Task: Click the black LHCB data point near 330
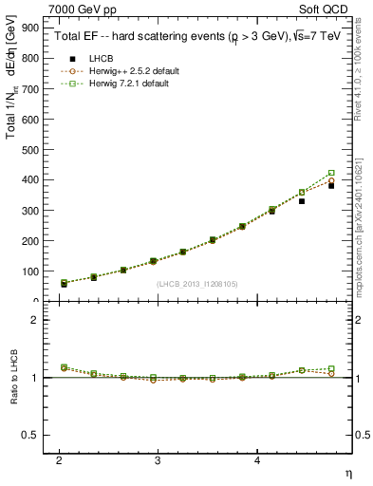coord(302,201)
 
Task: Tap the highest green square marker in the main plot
coord(331,174)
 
